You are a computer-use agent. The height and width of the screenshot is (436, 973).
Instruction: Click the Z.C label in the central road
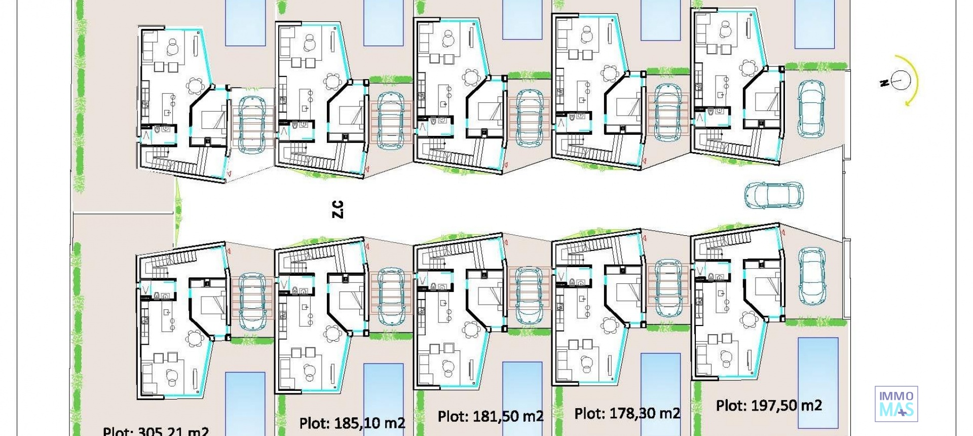[338, 209]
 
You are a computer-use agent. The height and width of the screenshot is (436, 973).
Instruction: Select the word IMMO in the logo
[896, 396]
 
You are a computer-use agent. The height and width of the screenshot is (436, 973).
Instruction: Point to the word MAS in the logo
[896, 410]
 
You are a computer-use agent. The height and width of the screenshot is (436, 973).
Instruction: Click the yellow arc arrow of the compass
[915, 81]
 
